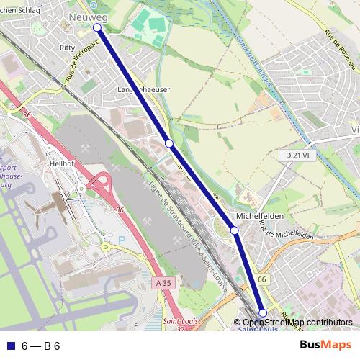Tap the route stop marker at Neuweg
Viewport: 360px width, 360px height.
click(97, 27)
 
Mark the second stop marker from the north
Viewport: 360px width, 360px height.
click(169, 143)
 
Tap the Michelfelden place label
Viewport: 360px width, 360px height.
click(259, 216)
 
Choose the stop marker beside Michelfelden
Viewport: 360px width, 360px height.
click(234, 230)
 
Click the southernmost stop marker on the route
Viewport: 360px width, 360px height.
click(263, 312)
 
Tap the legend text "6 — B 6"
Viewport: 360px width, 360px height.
click(40, 346)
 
